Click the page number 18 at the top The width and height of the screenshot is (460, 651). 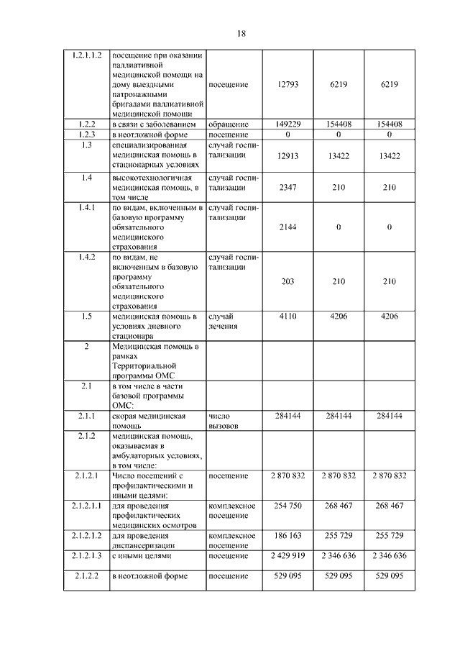click(241, 33)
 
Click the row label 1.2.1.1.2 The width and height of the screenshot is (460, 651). click(86, 55)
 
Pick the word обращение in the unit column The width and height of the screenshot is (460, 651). click(229, 124)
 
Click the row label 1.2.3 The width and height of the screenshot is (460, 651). click(86, 135)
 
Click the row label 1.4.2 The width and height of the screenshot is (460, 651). click(86, 257)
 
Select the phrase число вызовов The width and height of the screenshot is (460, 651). click(225, 421)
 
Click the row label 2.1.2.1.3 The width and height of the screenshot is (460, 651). click(86, 555)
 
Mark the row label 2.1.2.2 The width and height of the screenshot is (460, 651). click(86, 576)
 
